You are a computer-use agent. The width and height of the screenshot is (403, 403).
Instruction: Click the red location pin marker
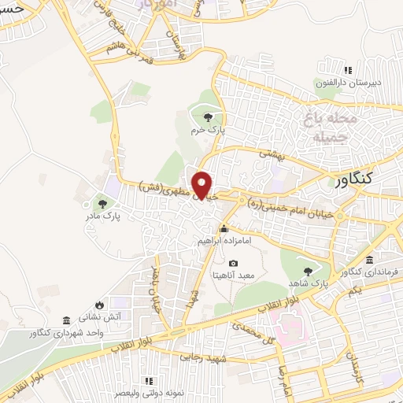[x=204, y=185]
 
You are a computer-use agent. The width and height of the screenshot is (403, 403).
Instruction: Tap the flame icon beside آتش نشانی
[x=98, y=305]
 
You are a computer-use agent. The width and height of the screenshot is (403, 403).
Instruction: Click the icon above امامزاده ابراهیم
[x=224, y=228]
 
